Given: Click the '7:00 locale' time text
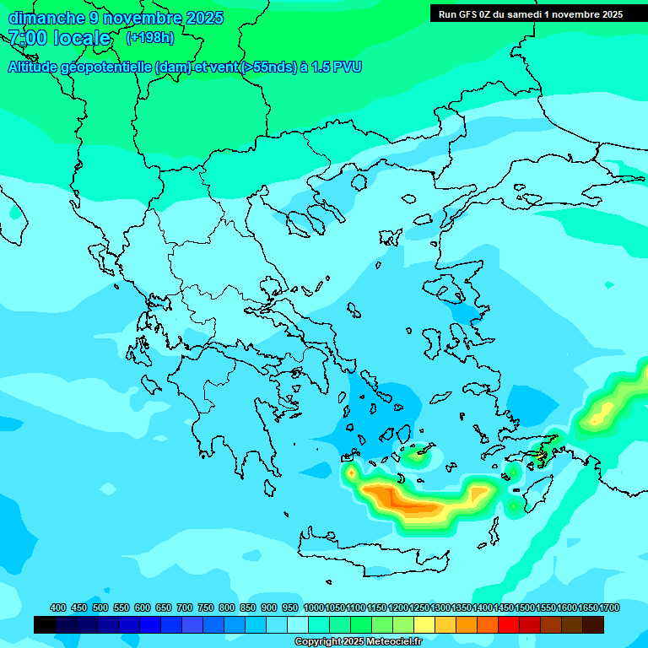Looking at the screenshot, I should coord(59,38).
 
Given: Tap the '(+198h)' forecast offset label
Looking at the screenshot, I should coord(150,37).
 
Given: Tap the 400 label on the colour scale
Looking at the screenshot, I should coord(58,607).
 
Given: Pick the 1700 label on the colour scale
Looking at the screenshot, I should coord(609,607).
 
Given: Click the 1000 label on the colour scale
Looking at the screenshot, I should coord(313,607).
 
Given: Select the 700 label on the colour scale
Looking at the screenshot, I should coord(185,607).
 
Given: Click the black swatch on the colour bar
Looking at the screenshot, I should coord(45,624).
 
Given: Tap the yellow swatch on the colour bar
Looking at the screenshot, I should coord(424,624).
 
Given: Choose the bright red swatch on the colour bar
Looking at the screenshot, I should coord(509,624).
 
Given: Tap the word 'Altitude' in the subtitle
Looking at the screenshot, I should coord(35,67).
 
